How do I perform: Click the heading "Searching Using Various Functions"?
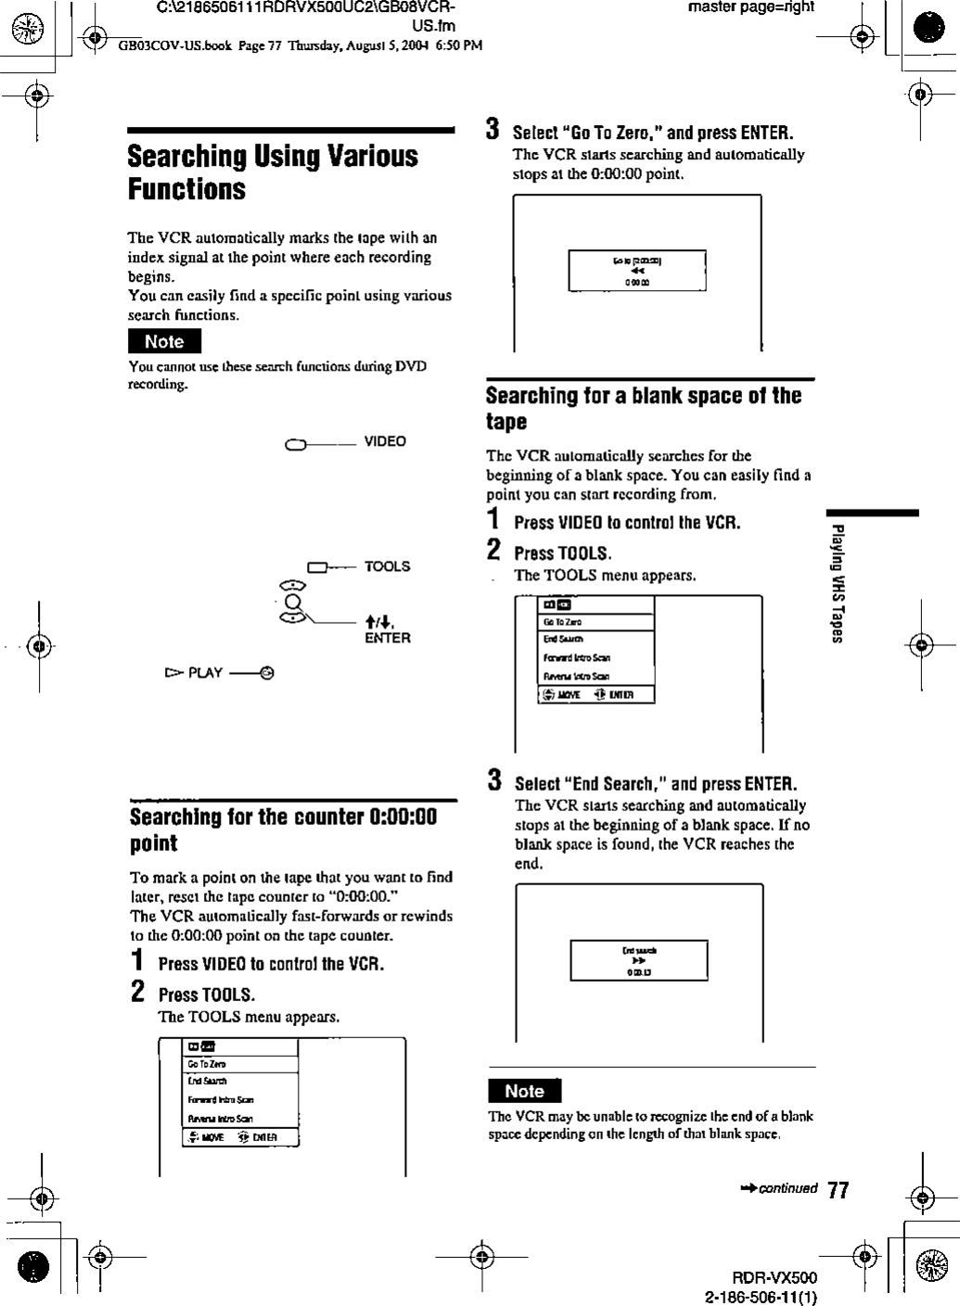pos(273,172)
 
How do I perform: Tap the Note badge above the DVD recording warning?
pos(164,342)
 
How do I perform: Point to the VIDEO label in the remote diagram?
pos(385,441)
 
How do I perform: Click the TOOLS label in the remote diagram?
pos(387,566)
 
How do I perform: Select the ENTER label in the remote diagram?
pos(387,638)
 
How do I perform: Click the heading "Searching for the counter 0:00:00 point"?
pos(283,830)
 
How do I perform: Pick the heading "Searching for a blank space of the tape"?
pos(643,408)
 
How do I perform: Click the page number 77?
pos(838,1190)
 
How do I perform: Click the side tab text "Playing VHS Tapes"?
pos(837,583)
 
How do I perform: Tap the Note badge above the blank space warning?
pos(524,1091)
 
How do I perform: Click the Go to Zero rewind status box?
pos(636,271)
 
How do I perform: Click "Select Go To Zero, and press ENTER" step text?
pos(653,133)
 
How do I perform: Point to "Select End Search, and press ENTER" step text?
pos(656,783)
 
